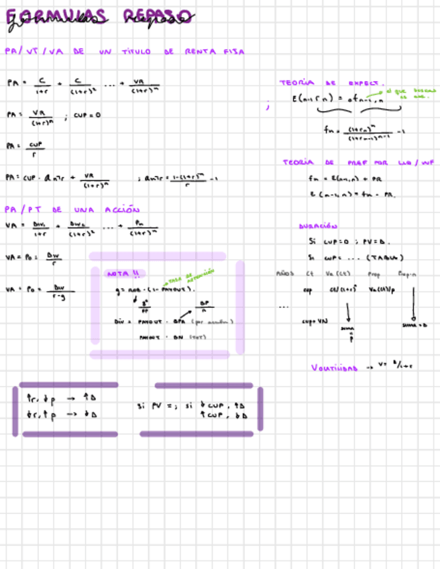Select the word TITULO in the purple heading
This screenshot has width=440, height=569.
coord(137,52)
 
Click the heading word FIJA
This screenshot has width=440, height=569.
coord(234,52)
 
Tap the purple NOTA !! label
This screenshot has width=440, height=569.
coord(123,274)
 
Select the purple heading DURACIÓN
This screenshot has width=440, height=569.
coord(318,226)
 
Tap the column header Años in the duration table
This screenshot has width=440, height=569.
coord(285,274)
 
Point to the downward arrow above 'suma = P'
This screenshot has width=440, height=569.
coord(348,313)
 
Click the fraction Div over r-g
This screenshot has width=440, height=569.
coord(60,290)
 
